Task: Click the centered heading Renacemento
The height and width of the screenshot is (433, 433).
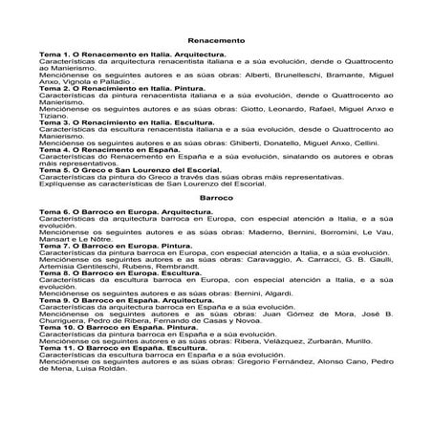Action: pos(217,42)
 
